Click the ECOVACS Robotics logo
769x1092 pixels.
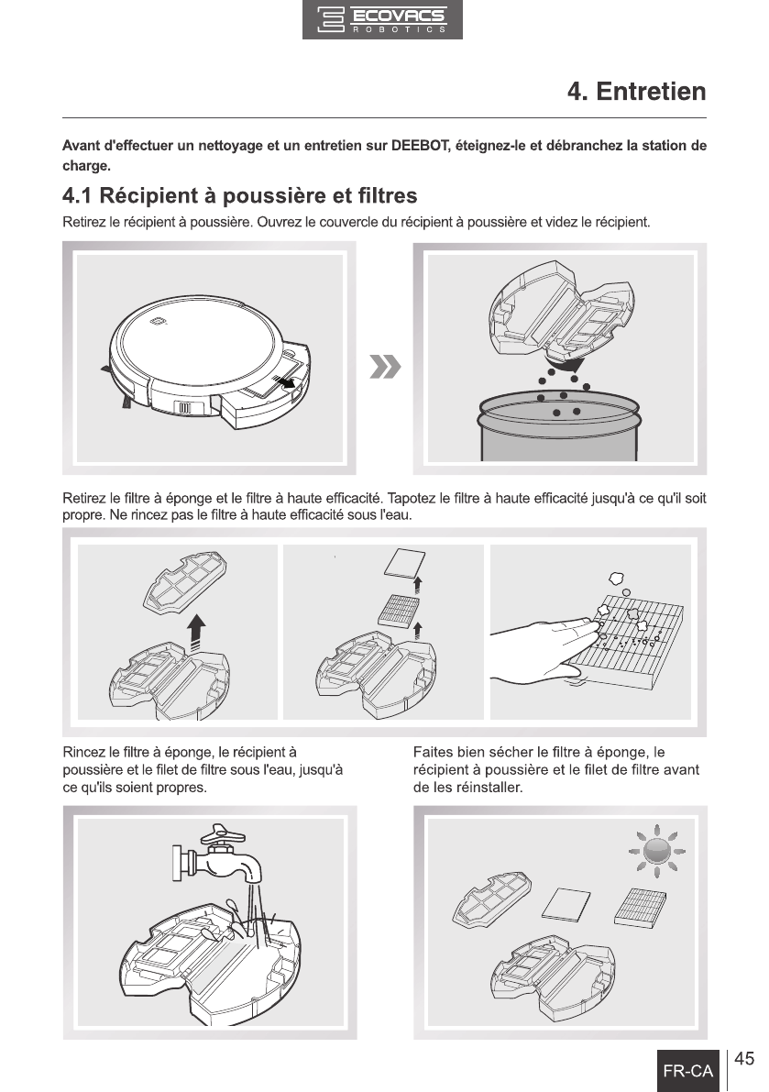point(382,19)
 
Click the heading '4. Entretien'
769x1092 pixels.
point(637,92)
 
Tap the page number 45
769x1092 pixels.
point(744,1059)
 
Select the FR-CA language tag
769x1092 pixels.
point(687,1071)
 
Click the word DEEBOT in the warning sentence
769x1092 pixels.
point(420,146)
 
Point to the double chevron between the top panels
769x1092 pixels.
point(385,367)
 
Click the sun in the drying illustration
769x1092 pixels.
point(657,851)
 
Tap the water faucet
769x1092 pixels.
point(217,858)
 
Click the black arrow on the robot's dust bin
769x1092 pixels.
point(284,382)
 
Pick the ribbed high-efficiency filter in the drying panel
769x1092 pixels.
point(641,906)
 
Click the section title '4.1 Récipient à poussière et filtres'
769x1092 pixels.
point(240,195)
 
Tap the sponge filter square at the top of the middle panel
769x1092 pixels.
point(403,561)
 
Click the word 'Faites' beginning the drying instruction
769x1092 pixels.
point(433,752)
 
